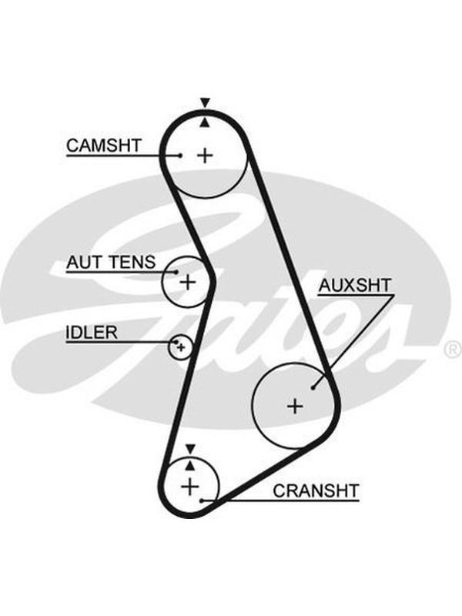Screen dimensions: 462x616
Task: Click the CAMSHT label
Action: tap(103, 146)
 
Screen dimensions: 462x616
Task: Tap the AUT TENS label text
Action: tap(111, 262)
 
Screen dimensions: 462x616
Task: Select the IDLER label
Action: tap(91, 333)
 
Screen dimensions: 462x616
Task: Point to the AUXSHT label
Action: tap(355, 286)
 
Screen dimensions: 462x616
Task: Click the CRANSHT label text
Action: tap(316, 490)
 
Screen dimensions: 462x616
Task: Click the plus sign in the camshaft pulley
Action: tap(205, 156)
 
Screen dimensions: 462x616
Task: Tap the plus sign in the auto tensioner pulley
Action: tap(188, 282)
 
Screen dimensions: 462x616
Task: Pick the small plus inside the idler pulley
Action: tap(181, 347)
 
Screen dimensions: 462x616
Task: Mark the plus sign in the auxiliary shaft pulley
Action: tap(295, 406)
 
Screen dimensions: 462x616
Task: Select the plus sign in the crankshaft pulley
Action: tap(190, 487)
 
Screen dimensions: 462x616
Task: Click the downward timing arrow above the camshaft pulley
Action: tap(205, 102)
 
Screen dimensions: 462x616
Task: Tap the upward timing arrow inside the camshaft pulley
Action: tap(205, 122)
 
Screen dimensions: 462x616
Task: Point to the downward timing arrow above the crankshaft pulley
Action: tap(190, 449)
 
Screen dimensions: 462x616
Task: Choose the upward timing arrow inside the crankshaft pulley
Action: tap(190, 466)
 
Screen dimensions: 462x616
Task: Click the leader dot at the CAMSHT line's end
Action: tap(180, 156)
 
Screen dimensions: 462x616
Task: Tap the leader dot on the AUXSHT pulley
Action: tap(313, 388)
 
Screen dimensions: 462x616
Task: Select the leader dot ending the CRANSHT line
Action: tap(202, 500)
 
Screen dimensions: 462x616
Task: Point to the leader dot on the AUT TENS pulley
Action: tap(177, 272)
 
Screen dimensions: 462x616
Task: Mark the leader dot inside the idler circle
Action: tap(176, 342)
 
